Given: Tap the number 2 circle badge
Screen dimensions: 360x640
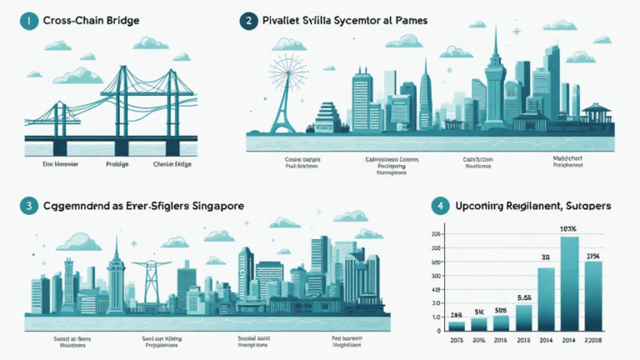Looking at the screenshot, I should (247, 22).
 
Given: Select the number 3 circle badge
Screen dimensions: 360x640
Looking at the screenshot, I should (27, 205).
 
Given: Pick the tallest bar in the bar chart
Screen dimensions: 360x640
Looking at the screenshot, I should (568, 283).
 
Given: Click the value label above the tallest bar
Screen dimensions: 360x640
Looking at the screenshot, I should (568, 230).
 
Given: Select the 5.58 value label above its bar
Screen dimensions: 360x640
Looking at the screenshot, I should (525, 297).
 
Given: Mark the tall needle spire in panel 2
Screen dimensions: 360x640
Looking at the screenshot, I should (494, 75).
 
